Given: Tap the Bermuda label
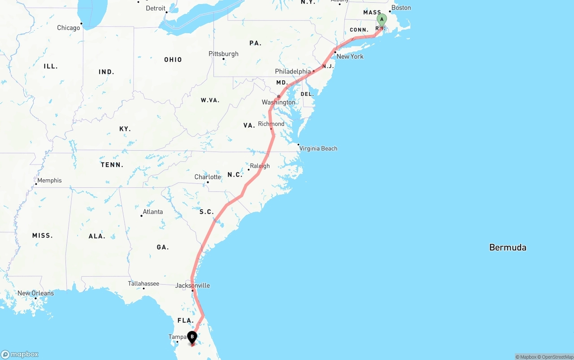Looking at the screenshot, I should pyautogui.click(x=508, y=247).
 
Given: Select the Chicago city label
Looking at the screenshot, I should pyautogui.click(x=69, y=28).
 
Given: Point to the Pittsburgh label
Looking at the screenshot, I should pyautogui.click(x=223, y=54).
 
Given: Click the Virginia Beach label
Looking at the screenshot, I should pyautogui.click(x=318, y=148).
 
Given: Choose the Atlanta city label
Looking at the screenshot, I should pyautogui.click(x=152, y=212).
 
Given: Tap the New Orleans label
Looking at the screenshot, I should pyautogui.click(x=35, y=293).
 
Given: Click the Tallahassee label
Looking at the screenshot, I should pyautogui.click(x=143, y=283).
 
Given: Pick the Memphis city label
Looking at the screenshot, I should pyautogui.click(x=49, y=180).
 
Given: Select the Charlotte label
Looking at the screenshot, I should pyautogui.click(x=208, y=177).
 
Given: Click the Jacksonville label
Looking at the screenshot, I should pyautogui.click(x=192, y=286).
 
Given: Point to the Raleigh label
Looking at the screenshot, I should pyautogui.click(x=260, y=166).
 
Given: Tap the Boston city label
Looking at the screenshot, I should pyautogui.click(x=401, y=8).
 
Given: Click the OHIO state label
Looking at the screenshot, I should pyautogui.click(x=173, y=60).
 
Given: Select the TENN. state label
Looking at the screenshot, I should pyautogui.click(x=112, y=165).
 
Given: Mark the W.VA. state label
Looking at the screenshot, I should pyautogui.click(x=210, y=100).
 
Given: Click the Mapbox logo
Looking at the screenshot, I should pyautogui.click(x=20, y=354).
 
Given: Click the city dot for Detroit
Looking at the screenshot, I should pyautogui.click(x=166, y=12).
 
